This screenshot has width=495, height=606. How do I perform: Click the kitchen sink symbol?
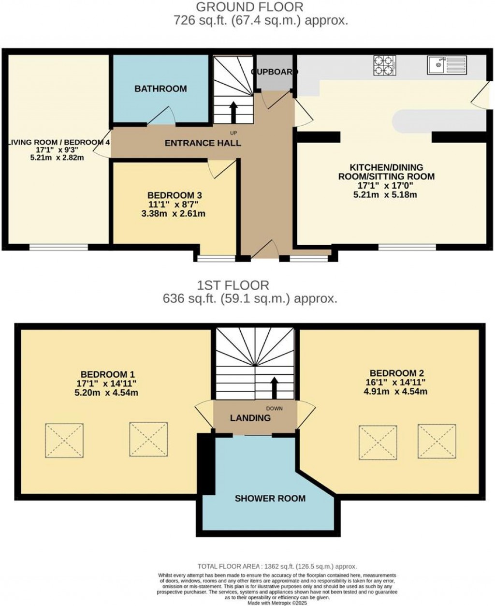click(x=447, y=65)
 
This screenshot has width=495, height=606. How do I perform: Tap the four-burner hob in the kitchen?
click(x=384, y=65)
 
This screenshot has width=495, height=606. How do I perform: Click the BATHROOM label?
click(x=160, y=89)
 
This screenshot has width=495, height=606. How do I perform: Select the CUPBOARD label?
click(x=274, y=72)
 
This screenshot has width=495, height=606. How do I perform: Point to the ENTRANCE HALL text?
click(x=203, y=143)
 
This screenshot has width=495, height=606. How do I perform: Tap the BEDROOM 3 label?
click(x=175, y=195)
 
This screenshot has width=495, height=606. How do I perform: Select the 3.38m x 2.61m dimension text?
click(x=175, y=213)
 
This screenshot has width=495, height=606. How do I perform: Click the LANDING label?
click(x=250, y=418)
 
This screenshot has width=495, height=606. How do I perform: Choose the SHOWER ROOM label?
click(x=270, y=498)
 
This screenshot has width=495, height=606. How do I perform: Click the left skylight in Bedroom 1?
click(x=64, y=441)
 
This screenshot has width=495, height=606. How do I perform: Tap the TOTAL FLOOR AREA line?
click(x=277, y=566)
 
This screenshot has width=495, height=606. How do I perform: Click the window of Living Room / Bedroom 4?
click(x=58, y=247)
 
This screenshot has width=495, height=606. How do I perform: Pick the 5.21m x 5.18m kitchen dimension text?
click(x=386, y=195)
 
